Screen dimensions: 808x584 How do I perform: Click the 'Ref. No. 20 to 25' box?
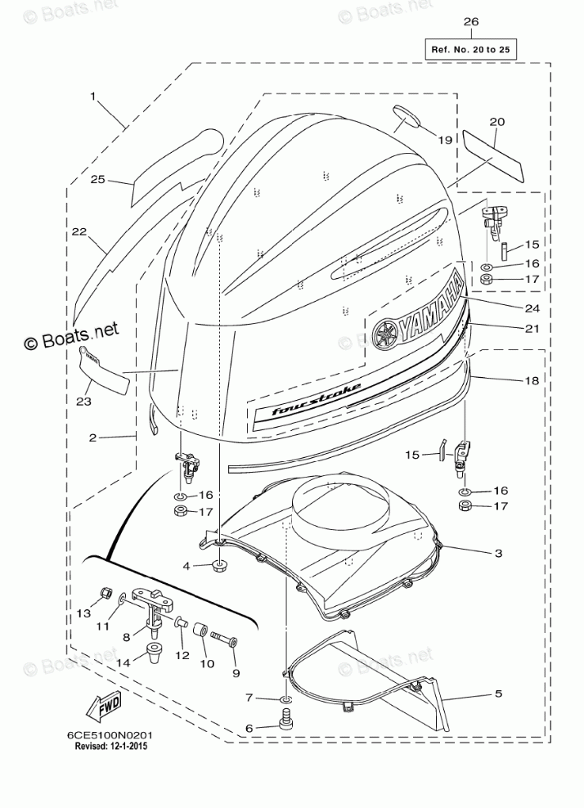470,50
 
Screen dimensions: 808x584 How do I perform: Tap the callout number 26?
470,22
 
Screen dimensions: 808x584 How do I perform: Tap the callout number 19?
444,140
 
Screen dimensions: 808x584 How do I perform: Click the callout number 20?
496,122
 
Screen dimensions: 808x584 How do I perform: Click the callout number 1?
93,97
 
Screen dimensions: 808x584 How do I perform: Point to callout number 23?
83,401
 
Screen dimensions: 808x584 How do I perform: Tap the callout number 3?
497,554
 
